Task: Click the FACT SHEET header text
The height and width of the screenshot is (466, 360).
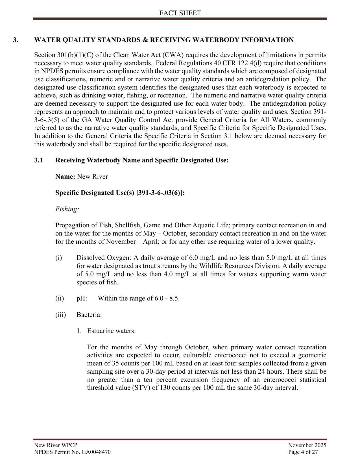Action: point(180,13)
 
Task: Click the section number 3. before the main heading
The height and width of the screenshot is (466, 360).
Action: point(16,40)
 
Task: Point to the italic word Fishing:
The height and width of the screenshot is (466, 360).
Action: point(67,209)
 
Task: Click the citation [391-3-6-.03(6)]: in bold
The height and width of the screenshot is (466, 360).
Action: point(160,193)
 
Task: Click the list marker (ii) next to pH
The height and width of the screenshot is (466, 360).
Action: point(60,299)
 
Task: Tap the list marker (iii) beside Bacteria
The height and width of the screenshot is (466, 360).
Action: point(60,315)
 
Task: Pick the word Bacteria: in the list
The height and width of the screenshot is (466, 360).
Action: point(89,315)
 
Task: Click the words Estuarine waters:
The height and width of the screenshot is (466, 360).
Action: point(111,331)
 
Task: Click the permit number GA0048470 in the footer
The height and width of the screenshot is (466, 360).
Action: point(96,452)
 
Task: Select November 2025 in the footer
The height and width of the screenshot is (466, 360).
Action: point(307,445)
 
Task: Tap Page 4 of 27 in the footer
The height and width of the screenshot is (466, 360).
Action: point(303,452)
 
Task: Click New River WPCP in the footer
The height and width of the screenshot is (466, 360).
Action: point(56,445)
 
